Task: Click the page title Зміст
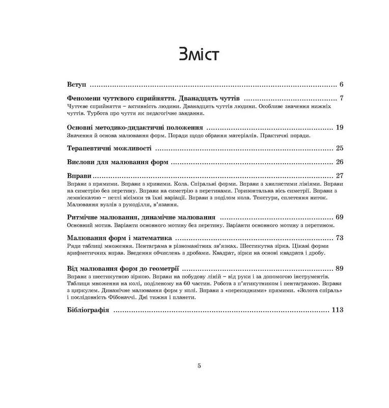click(x=194, y=54)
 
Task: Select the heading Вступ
click(x=77, y=84)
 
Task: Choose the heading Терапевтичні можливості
click(x=109, y=148)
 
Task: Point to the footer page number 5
click(x=199, y=365)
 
